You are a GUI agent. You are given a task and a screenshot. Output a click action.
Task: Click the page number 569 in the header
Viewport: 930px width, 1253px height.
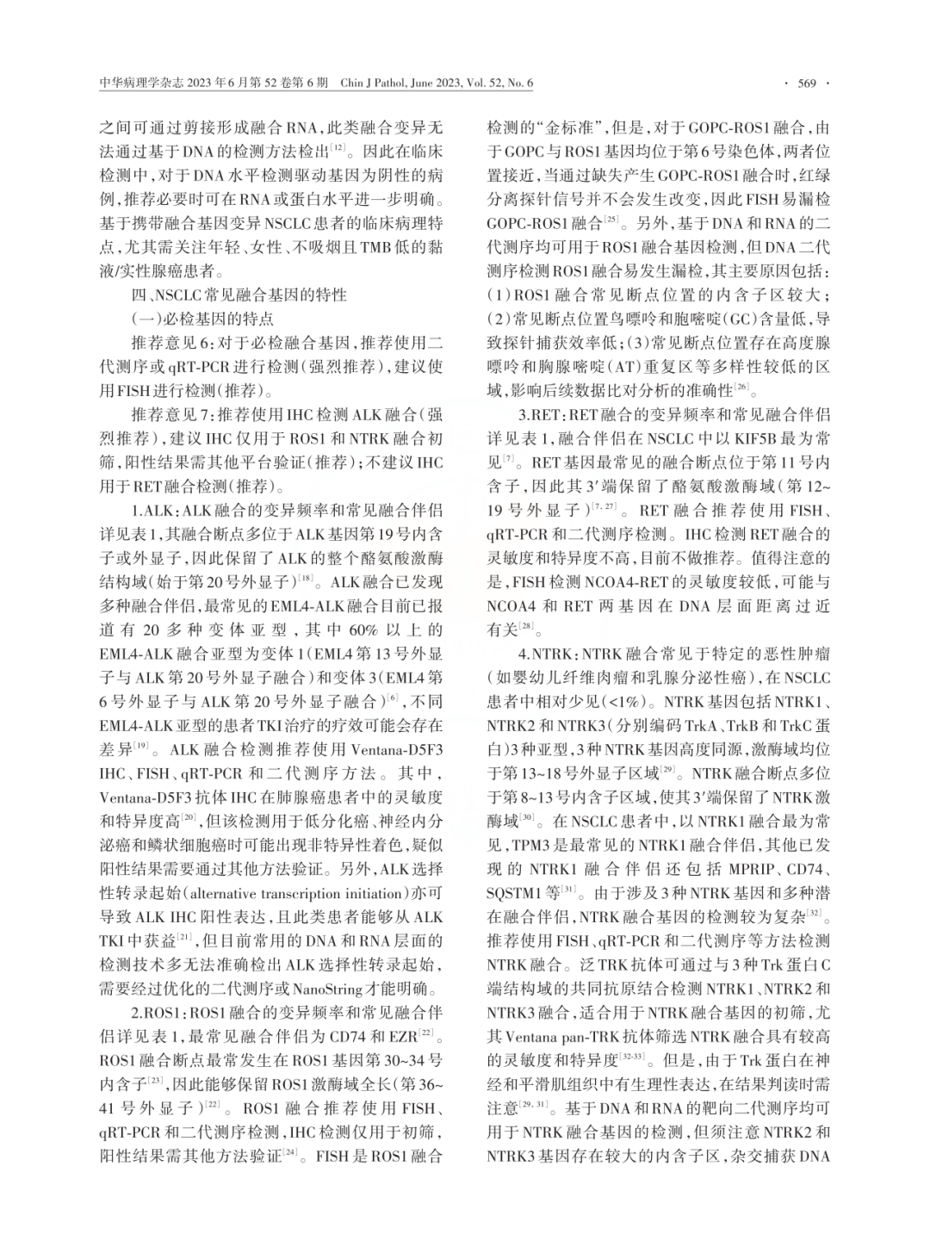pyautogui.click(x=807, y=84)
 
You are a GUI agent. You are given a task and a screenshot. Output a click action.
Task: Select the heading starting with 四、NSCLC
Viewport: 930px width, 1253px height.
pyautogui.click(x=226, y=295)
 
